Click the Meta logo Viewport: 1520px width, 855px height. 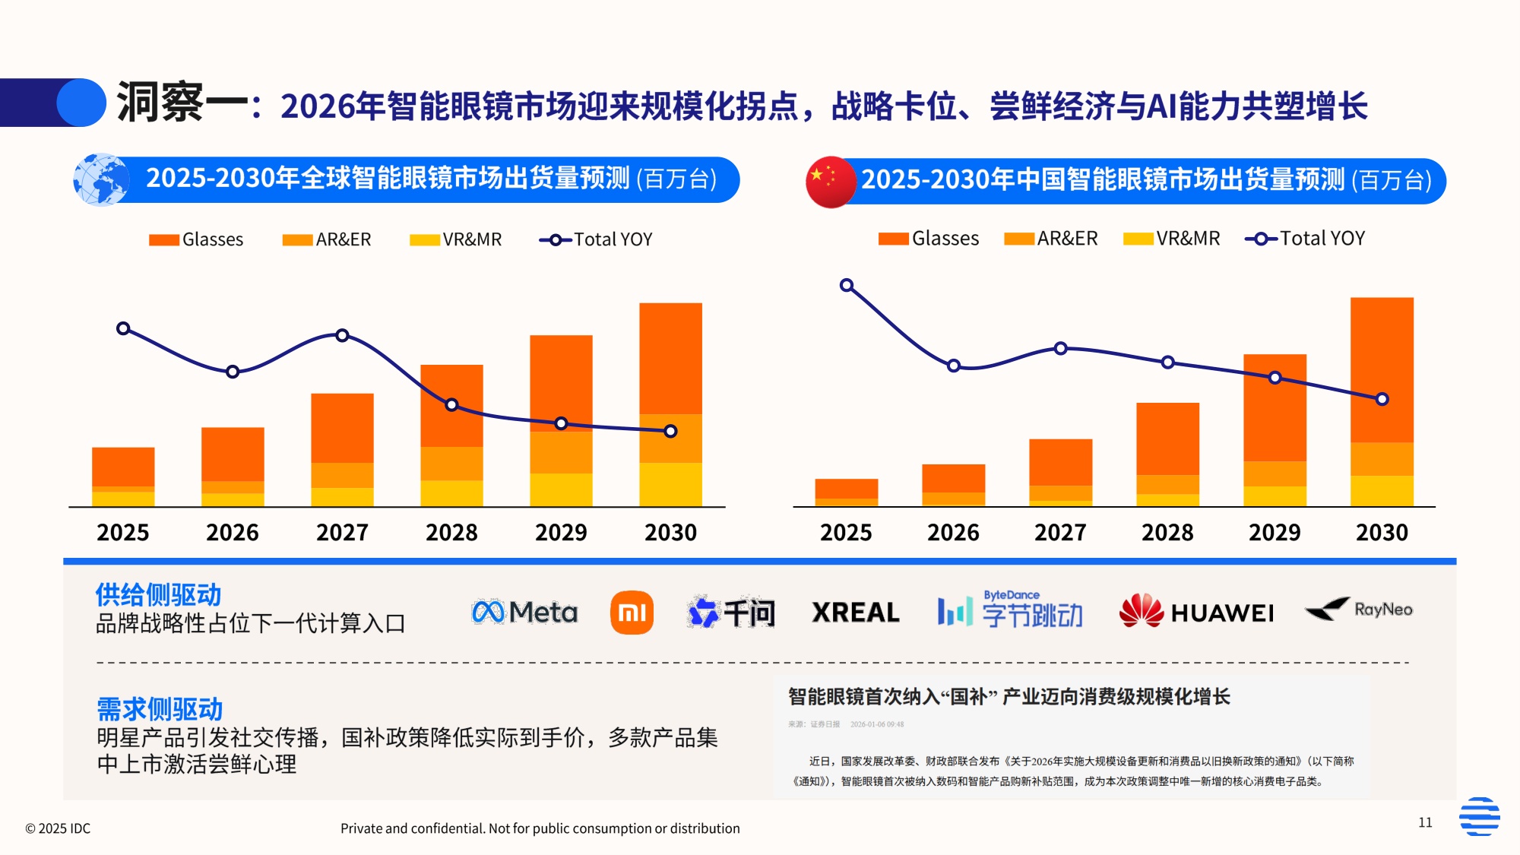tap(524, 612)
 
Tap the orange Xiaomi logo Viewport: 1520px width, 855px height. tap(632, 613)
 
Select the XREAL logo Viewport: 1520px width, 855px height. tap(855, 613)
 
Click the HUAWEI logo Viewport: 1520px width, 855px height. tap(1196, 612)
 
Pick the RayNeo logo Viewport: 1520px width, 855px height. tap(1359, 610)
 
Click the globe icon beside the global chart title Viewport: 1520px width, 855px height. tap(101, 180)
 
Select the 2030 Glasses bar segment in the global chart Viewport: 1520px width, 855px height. tap(670, 358)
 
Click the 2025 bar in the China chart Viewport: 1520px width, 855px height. tap(846, 492)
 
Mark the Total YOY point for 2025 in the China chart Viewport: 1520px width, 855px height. tap(847, 286)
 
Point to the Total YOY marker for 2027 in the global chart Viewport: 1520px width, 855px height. tap(342, 335)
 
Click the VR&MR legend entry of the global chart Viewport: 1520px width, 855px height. tap(456, 239)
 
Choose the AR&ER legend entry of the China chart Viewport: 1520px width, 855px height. tap(1051, 239)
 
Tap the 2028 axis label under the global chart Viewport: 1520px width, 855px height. tap(451, 532)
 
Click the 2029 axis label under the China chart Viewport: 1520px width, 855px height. tap(1275, 532)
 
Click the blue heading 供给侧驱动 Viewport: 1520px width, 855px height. tap(158, 594)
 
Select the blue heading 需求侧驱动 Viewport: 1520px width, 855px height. tap(160, 709)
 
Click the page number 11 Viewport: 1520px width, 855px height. tap(1425, 822)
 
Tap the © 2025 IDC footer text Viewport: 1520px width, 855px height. tap(58, 828)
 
